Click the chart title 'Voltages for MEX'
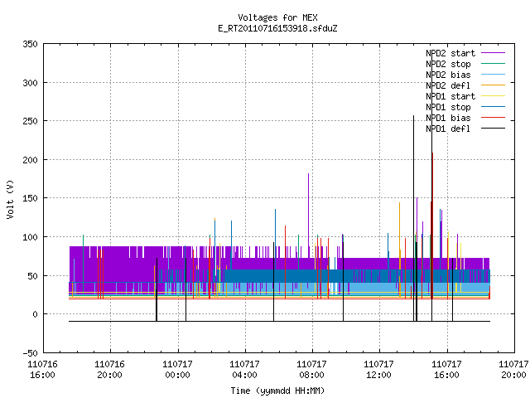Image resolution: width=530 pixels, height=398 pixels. [x=277, y=17]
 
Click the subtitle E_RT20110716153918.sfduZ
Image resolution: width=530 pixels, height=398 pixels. [x=277, y=28]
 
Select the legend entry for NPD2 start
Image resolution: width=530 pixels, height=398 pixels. [x=465, y=53]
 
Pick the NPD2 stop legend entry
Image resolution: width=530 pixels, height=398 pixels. [x=465, y=64]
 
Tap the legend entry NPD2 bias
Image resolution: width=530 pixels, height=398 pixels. [x=465, y=75]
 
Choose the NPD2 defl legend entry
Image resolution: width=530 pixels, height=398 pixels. [x=465, y=85]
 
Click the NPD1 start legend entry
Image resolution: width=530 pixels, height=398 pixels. [x=465, y=96]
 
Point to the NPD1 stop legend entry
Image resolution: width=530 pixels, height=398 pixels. [x=465, y=107]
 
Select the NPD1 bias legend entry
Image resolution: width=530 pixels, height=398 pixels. [x=465, y=118]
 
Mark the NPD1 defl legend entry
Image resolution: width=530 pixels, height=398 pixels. [x=465, y=129]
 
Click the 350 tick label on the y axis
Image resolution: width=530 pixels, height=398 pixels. [x=30, y=44]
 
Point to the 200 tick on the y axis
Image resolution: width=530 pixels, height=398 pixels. [x=30, y=160]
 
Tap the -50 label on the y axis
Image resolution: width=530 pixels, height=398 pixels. [x=30, y=353]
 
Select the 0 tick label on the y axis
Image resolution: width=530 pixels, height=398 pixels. [x=35, y=315]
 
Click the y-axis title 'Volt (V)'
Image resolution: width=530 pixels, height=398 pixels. [x=11, y=199]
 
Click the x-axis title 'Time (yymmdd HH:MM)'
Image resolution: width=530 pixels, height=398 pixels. [x=277, y=391]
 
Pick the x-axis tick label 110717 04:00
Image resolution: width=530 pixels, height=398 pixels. [x=245, y=370]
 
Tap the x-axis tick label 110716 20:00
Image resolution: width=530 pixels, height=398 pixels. [x=110, y=370]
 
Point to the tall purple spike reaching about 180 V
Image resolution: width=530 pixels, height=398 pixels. [x=308, y=210]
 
